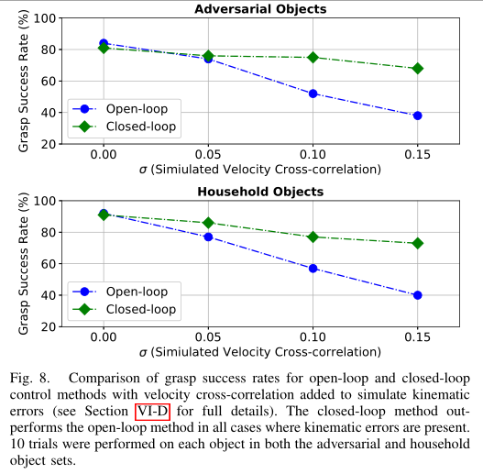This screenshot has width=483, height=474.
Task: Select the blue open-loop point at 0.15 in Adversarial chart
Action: tap(417, 116)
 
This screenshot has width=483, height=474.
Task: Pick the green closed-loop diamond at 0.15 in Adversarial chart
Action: tap(417, 68)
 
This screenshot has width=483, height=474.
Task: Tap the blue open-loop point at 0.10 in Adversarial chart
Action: tap(313, 94)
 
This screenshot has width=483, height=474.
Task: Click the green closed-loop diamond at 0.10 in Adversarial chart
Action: tap(313, 57)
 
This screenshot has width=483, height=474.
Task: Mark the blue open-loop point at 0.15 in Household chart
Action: tap(417, 295)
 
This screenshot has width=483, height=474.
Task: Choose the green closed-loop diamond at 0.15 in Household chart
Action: tap(417, 243)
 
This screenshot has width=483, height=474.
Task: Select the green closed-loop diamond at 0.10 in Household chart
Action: tap(313, 237)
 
